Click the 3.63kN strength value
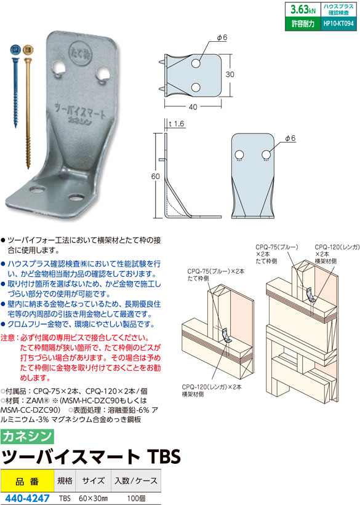[303, 9]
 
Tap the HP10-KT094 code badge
[338, 23]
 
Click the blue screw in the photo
[15, 87]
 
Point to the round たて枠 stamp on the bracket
[80, 54]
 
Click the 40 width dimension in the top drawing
[193, 107]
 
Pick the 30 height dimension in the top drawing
[230, 74]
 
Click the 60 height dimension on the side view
[155, 176]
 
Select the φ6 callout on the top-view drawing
[222, 38]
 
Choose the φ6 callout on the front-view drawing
[290, 138]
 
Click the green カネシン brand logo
[27, 436]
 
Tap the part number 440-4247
[28, 498]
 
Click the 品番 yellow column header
[27, 481]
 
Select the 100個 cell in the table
[136, 498]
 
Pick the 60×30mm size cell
[93, 498]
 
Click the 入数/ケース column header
[136, 481]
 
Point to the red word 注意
[9, 338]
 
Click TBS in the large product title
[164, 456]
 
